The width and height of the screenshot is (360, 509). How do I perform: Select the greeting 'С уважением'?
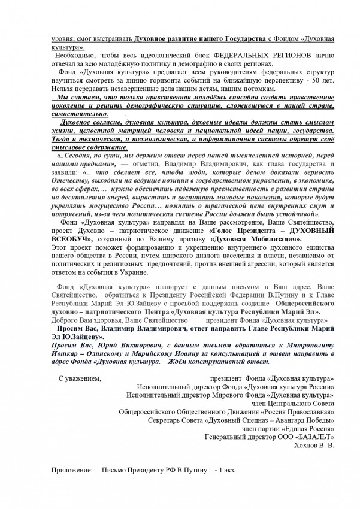pos(80,378)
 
